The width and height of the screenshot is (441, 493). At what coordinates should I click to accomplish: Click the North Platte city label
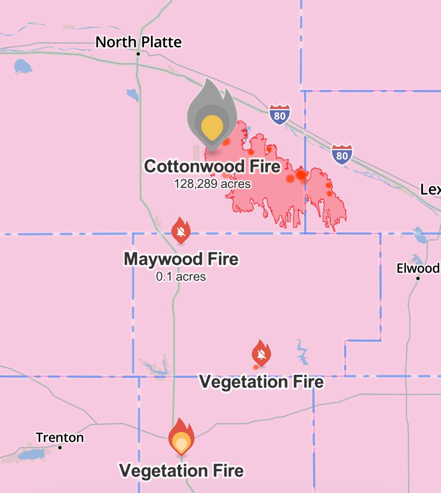138,42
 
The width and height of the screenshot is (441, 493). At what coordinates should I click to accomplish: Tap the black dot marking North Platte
138,54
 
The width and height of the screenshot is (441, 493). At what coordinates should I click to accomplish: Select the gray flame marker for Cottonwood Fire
212,116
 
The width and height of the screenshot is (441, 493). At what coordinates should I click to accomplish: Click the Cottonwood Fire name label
212,166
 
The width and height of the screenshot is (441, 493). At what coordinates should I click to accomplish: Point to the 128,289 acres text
212,184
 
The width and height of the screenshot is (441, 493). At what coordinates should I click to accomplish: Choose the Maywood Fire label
181,259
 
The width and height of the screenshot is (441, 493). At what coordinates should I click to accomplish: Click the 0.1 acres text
181,277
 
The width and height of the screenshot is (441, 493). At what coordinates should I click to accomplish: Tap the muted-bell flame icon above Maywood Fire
181,230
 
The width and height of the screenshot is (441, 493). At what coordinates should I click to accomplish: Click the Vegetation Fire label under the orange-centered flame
181,471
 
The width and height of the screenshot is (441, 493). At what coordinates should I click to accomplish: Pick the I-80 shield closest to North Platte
279,114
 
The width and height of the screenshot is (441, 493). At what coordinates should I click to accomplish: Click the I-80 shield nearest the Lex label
342,154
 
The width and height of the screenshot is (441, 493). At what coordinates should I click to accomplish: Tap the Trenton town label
60,437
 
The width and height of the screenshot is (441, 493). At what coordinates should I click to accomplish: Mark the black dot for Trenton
60,447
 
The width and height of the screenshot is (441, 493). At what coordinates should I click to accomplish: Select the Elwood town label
418,268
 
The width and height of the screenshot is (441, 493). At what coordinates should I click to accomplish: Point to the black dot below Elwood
418,278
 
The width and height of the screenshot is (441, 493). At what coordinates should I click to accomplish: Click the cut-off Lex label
430,189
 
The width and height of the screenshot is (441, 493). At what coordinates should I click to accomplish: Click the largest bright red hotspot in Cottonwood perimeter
301,175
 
